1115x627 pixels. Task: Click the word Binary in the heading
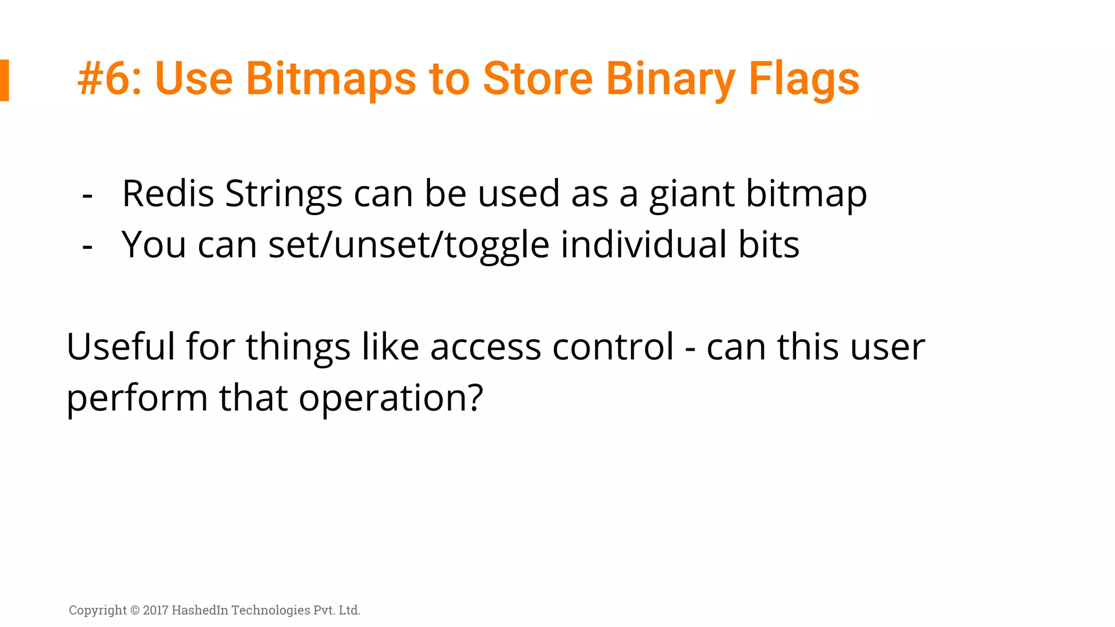coord(670,79)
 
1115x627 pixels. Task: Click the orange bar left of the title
coord(4,80)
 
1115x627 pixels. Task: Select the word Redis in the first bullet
coord(168,194)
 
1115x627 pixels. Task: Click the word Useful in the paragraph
coord(120,347)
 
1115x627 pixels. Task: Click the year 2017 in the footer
coord(156,610)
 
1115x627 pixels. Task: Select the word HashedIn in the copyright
coord(200,610)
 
